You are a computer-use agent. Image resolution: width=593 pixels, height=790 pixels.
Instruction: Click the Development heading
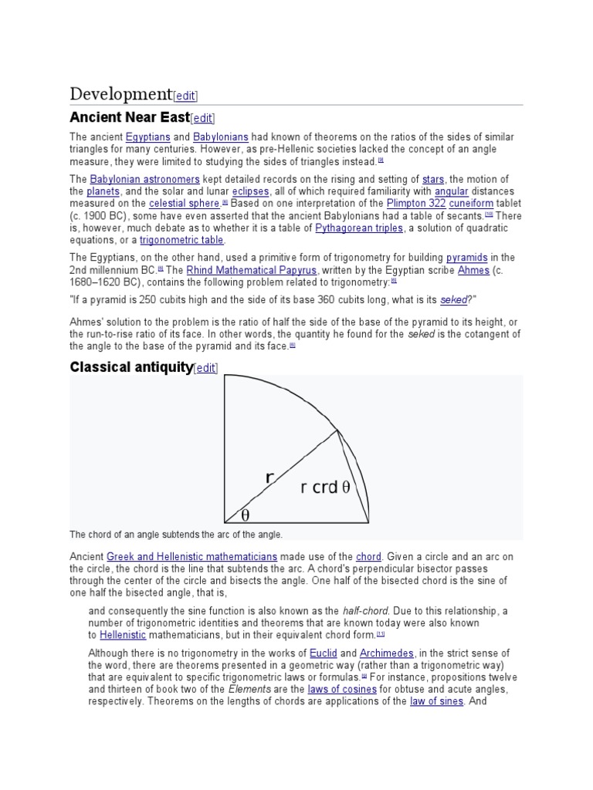(120, 94)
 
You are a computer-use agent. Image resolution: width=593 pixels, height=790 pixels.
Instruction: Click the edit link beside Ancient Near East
(202, 118)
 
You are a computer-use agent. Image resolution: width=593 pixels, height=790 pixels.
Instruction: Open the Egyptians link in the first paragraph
(147, 137)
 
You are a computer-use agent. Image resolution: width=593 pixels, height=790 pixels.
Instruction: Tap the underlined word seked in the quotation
(453, 299)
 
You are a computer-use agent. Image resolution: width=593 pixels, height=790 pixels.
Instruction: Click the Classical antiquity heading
(130, 367)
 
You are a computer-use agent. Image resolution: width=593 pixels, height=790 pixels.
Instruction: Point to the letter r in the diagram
(269, 478)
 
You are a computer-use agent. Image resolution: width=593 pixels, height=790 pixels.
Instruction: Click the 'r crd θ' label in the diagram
(325, 488)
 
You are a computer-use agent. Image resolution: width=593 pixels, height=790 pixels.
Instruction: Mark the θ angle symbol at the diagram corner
(246, 514)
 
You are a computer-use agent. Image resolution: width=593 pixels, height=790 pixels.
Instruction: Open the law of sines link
(437, 701)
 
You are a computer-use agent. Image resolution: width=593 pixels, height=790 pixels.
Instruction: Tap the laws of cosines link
(342, 688)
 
